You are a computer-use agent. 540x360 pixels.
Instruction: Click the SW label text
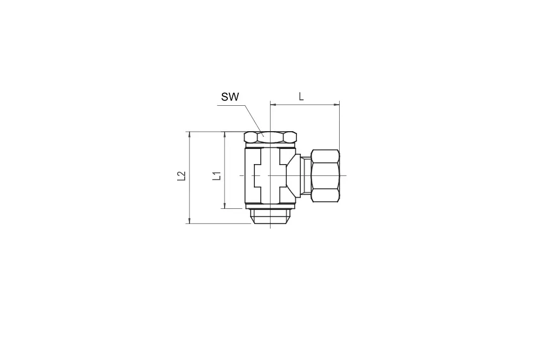pyautogui.click(x=230, y=97)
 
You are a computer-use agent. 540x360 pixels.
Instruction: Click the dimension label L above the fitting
pyautogui.click(x=301, y=97)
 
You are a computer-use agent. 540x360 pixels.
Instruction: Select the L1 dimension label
pyautogui.click(x=217, y=176)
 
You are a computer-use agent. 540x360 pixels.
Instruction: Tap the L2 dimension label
pyautogui.click(x=181, y=176)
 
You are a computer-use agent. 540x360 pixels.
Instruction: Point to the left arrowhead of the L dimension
pyautogui.click(x=273, y=104)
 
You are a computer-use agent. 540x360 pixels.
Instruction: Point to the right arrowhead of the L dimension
pyautogui.click(x=337, y=104)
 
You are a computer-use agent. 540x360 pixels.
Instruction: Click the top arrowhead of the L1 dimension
pyautogui.click(x=225, y=134)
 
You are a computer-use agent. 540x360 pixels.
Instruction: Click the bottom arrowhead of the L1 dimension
pyautogui.click(x=225, y=206)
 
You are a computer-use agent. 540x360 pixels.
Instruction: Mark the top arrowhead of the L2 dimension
pyautogui.click(x=190, y=134)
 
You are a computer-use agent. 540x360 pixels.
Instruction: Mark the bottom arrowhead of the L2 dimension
pyautogui.click(x=190, y=221)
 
